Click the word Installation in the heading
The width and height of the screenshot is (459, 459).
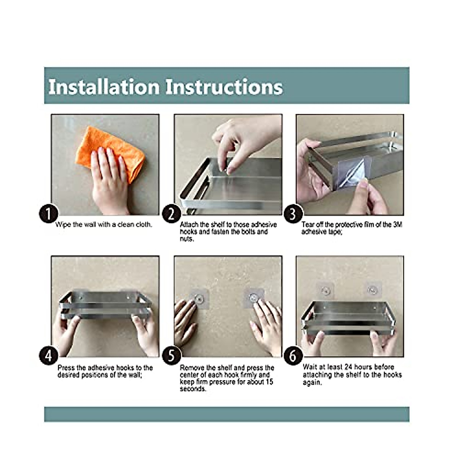point(104,87)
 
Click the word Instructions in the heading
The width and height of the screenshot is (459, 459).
point(224,87)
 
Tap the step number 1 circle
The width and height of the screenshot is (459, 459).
point(49,214)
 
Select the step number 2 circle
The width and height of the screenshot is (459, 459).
point(171,214)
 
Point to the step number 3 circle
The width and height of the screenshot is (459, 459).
point(293,214)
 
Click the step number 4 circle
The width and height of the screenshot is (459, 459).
point(49,356)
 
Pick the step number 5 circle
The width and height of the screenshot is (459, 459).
point(171,356)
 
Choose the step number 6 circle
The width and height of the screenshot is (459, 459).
point(293,356)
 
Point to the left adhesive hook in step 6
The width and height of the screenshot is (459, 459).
point(325,290)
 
